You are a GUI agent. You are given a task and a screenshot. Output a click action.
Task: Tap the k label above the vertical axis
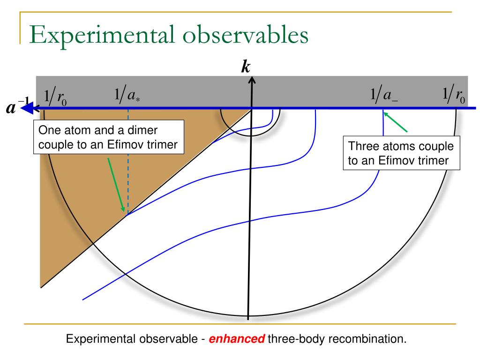(245, 67)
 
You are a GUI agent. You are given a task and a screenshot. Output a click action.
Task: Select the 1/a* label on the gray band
(127, 96)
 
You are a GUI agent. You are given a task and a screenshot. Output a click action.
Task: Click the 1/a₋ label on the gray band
(384, 96)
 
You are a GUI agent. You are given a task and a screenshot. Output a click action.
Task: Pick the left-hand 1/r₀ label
(55, 97)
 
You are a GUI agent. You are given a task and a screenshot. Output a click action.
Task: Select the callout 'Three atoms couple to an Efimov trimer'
(401, 153)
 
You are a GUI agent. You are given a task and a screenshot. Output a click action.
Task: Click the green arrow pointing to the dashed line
(116, 185)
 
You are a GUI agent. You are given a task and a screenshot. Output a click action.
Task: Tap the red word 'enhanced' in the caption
(237, 339)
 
